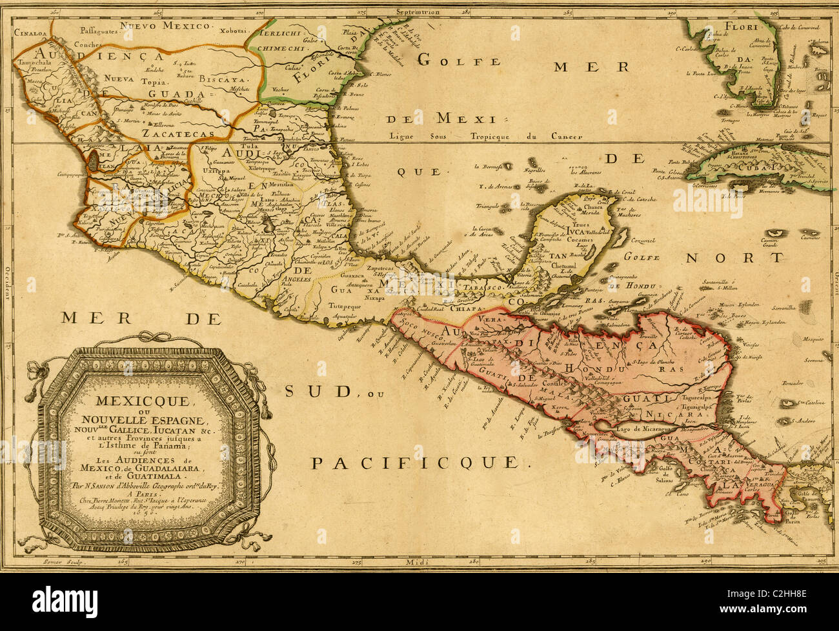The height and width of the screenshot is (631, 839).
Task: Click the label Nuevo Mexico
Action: pyautogui.click(x=167, y=26)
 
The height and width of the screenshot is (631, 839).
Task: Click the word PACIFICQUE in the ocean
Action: pyautogui.click(x=414, y=462)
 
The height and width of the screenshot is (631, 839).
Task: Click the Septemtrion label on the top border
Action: pyautogui.click(x=419, y=12)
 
